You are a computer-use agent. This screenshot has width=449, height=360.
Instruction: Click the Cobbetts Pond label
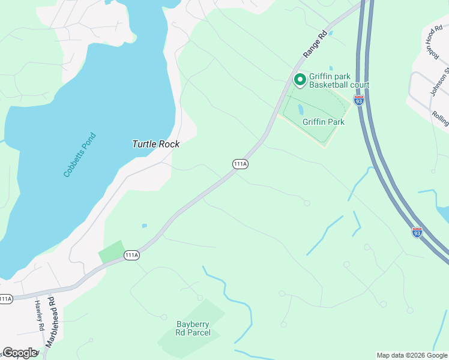point(80,155)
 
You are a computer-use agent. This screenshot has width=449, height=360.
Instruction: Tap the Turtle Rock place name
point(155,144)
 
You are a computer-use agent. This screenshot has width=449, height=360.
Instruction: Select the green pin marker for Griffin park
point(300,79)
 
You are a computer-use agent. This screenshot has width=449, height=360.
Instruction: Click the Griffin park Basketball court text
point(339,81)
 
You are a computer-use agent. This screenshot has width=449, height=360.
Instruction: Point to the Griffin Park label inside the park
point(324,122)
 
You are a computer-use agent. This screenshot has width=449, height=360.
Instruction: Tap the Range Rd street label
point(315,43)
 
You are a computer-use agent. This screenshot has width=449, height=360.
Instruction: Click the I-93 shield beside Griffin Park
point(359,100)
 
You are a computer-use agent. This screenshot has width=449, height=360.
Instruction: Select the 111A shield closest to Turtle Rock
point(240,164)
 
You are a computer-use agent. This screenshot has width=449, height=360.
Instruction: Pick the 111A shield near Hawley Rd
point(6,298)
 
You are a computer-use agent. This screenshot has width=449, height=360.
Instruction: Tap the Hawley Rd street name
point(38,316)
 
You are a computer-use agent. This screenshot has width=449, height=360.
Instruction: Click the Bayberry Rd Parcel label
point(193,328)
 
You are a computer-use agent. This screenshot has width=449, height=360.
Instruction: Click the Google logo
point(20,353)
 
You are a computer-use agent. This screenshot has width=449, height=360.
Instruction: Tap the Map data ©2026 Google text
point(412,355)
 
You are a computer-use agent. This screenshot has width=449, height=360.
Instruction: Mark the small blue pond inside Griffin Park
point(301,109)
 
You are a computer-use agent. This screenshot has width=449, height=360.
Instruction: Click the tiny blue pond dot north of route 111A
point(145,226)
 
